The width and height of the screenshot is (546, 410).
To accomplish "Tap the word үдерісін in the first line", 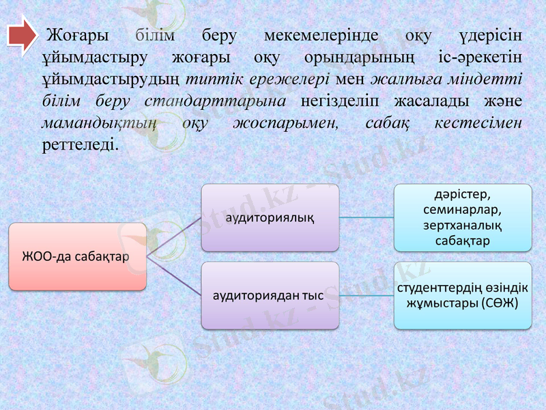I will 489,34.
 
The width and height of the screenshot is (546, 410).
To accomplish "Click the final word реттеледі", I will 79,146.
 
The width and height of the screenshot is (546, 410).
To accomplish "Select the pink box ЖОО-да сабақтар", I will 77,256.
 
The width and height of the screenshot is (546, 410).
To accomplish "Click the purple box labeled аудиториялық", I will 270,217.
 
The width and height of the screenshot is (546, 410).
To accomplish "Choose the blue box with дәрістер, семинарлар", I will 463,217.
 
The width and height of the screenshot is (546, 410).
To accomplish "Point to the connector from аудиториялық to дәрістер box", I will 367,217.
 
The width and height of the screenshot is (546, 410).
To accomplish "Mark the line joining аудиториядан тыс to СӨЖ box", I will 367,296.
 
